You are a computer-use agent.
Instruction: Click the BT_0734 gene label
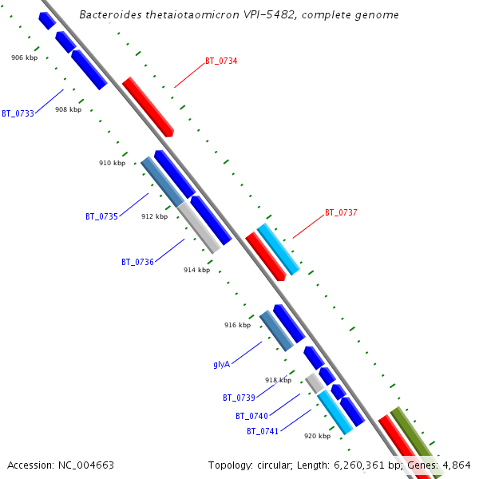[221, 61]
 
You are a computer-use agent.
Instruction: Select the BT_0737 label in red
[341, 213]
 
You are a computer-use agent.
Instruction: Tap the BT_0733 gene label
[18, 113]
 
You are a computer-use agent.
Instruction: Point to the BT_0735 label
[101, 216]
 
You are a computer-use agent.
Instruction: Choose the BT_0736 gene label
[137, 262]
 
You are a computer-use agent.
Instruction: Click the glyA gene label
[221, 364]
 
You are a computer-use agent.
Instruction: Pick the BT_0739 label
[239, 398]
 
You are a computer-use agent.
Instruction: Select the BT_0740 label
[251, 416]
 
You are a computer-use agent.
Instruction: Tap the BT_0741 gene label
[263, 431]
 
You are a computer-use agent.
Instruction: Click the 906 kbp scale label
[24, 57]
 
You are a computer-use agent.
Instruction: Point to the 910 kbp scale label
[112, 163]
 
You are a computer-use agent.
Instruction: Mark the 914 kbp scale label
[196, 270]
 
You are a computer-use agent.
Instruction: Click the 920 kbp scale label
[317, 436]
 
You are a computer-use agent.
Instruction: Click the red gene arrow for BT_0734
[148, 107]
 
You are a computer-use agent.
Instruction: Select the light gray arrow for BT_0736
[198, 227]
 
